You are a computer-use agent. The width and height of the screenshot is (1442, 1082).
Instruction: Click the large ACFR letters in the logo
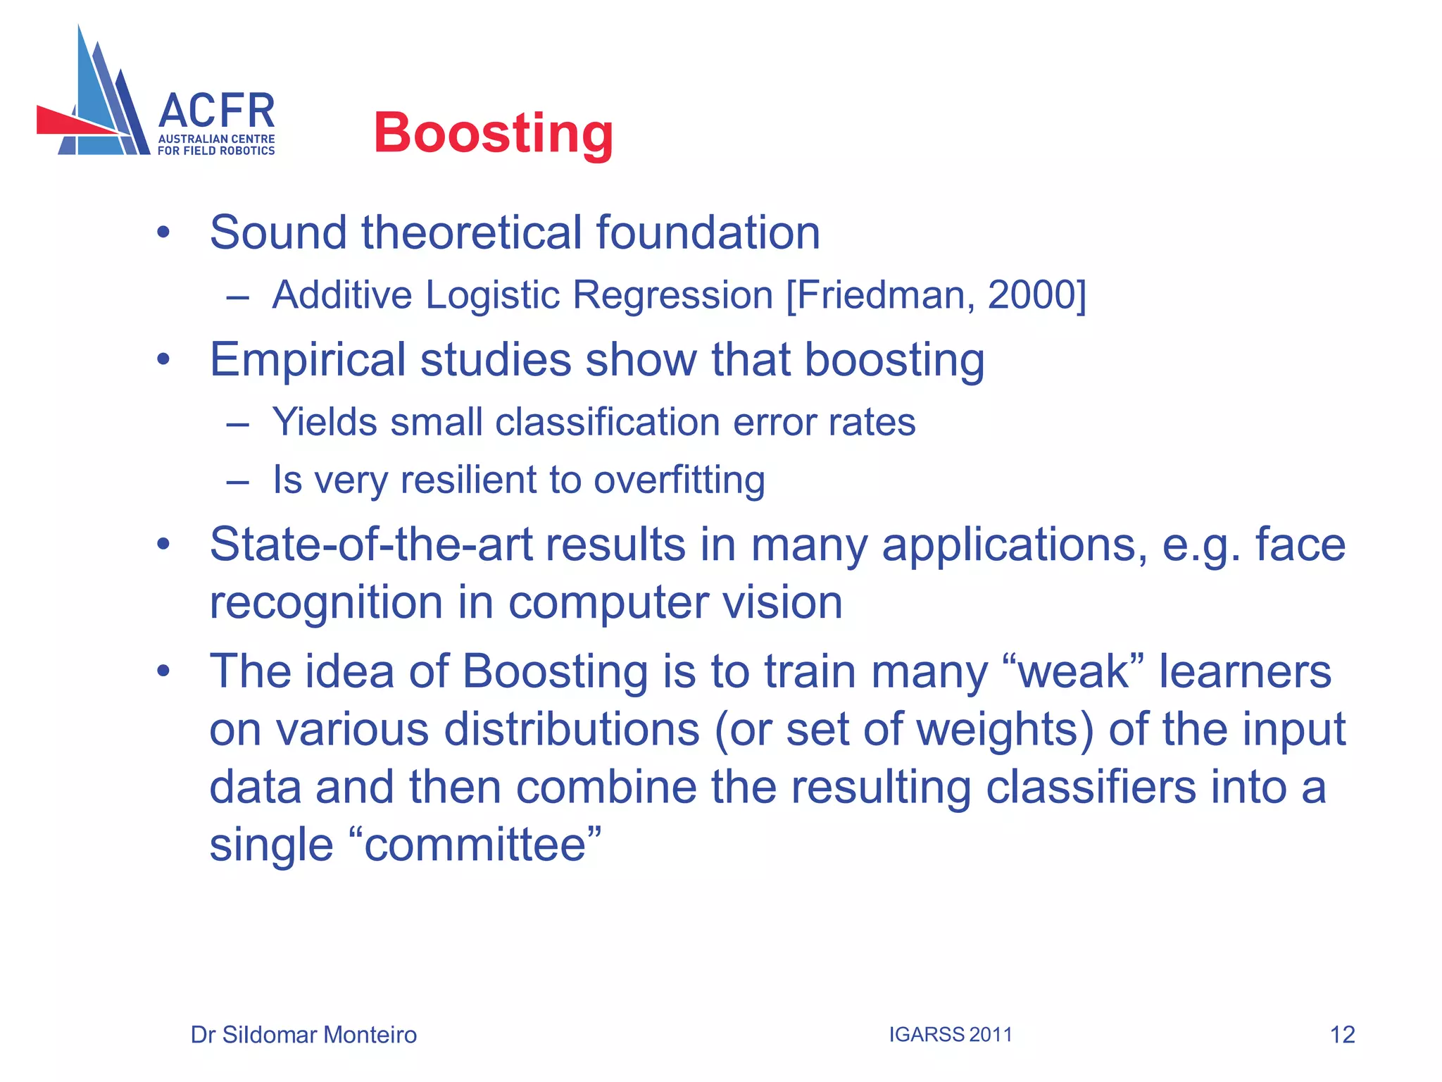pyautogui.click(x=216, y=111)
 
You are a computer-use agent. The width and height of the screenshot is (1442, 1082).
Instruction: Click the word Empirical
pyautogui.click(x=307, y=361)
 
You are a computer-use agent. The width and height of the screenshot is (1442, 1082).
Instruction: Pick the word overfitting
pyautogui.click(x=679, y=480)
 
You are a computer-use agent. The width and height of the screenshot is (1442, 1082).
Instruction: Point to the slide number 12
pyautogui.click(x=1342, y=1035)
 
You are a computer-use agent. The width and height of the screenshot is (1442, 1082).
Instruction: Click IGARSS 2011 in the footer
pyautogui.click(x=950, y=1035)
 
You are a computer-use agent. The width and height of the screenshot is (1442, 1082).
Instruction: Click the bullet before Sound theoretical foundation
pyautogui.click(x=163, y=232)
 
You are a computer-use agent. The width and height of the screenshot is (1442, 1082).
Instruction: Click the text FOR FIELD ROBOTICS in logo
pyautogui.click(x=216, y=151)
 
